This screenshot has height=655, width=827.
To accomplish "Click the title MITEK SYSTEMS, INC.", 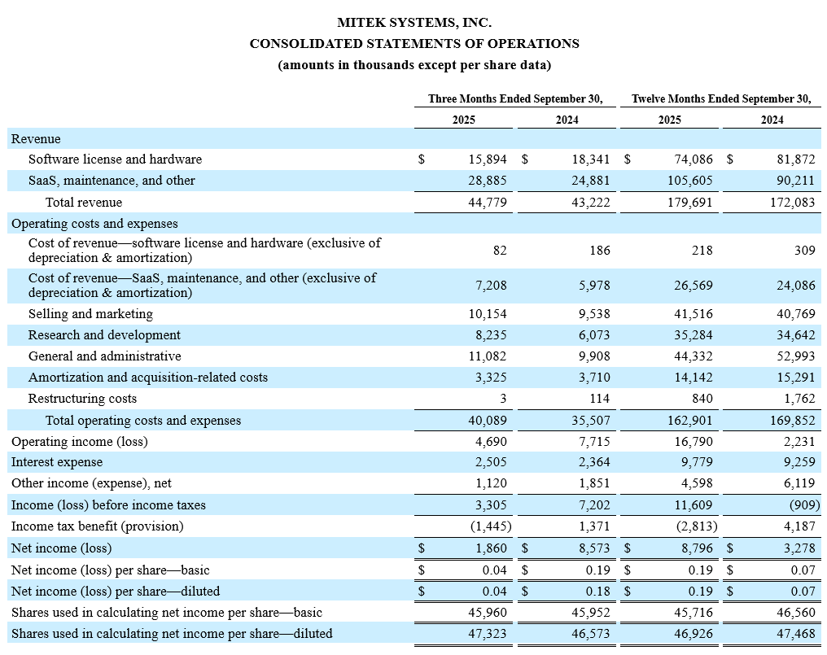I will pyautogui.click(x=414, y=23).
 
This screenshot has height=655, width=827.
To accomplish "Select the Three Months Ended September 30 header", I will pyautogui.click(x=515, y=99).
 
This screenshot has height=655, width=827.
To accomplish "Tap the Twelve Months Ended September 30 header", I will pyautogui.click(x=720, y=99).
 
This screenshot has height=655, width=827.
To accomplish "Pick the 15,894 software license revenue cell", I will pyautogui.click(x=485, y=159).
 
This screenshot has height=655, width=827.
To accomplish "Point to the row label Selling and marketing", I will pyautogui.click(x=90, y=314).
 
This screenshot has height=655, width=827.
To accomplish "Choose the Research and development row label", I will pyautogui.click(x=104, y=335).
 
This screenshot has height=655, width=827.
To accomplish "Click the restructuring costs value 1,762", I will pyautogui.click(x=798, y=399).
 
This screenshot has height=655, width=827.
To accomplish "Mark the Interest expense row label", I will pyautogui.click(x=50, y=462).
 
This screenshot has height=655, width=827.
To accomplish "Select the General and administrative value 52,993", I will pyautogui.click(x=794, y=356).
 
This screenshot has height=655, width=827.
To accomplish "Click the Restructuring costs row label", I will pyautogui.click(x=82, y=399).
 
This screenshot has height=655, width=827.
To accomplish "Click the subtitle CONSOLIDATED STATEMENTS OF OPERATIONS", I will pyautogui.click(x=414, y=44).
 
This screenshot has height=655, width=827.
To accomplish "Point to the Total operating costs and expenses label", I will pyautogui.click(x=143, y=421).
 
